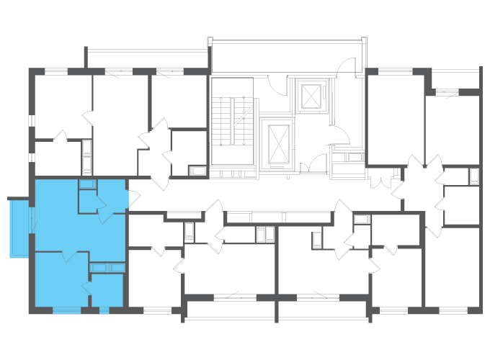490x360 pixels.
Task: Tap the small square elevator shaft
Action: pos(311,96)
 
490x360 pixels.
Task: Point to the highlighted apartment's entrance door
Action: pos(128,197)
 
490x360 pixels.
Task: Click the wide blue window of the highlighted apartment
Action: pos(67,310)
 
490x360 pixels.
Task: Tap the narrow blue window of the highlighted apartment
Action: pos(104,310)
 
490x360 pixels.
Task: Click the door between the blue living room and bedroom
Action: pos(70,255)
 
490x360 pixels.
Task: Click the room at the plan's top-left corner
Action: pos(61,104)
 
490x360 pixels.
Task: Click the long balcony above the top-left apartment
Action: pos(148,58)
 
